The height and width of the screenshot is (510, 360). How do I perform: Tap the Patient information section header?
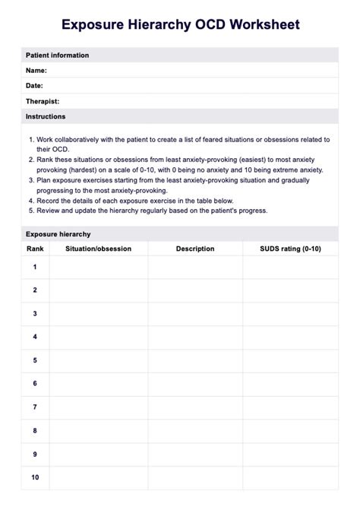point(57,55)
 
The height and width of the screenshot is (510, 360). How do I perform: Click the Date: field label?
point(34,86)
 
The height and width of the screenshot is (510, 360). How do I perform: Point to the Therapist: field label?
point(43,101)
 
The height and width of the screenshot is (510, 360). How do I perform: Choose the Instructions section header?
point(46,116)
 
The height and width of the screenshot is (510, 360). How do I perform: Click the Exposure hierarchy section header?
point(58,234)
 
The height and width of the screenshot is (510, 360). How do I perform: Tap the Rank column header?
point(35,249)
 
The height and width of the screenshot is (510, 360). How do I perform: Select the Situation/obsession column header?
point(99,249)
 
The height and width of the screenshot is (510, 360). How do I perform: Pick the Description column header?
point(195,249)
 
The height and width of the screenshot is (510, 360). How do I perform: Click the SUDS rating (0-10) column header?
point(290,249)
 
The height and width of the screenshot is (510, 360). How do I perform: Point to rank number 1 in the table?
point(35,267)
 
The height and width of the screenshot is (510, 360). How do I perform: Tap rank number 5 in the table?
point(35,360)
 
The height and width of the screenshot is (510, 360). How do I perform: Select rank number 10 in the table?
point(35,477)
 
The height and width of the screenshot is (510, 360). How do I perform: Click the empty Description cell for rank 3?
point(195,314)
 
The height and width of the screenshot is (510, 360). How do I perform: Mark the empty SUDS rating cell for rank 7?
point(290,407)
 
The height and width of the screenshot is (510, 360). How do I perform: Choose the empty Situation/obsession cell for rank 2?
point(99,290)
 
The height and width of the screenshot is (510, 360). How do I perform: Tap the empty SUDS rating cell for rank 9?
point(290,454)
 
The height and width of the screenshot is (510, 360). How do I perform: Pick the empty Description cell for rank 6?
point(195,384)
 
